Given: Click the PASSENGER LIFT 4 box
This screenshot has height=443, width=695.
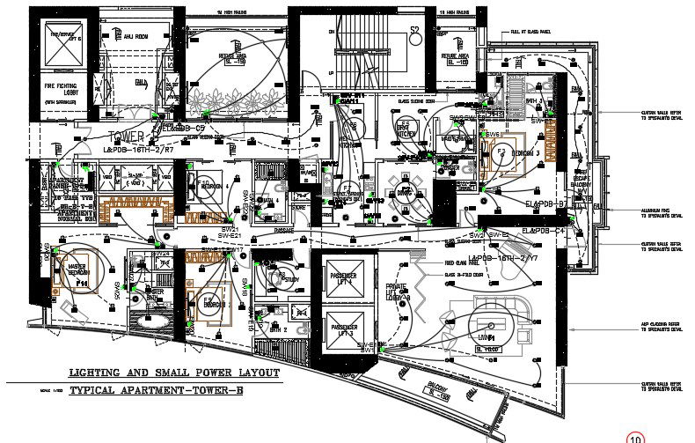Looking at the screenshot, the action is [x=344, y=279].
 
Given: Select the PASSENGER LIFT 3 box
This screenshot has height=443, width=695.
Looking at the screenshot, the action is [x=344, y=331].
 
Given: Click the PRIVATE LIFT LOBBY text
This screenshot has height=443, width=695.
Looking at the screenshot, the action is [x=398, y=291].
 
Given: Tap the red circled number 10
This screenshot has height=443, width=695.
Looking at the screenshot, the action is [x=634, y=436].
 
